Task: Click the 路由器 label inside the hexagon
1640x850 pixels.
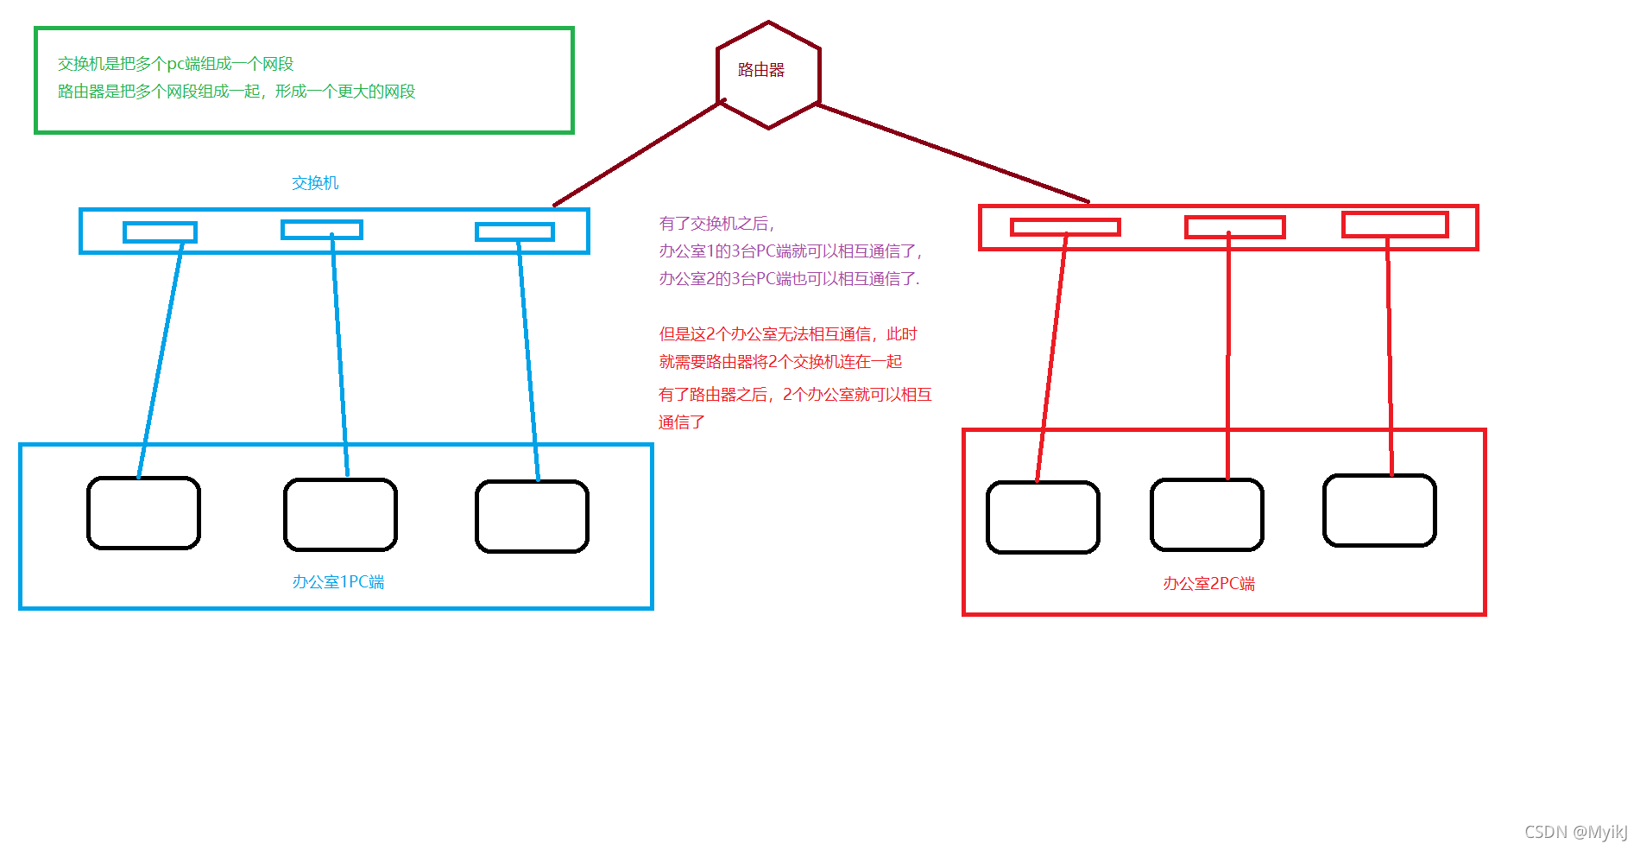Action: point(760,70)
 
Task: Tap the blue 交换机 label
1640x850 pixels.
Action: point(315,183)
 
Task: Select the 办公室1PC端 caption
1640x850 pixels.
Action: point(338,582)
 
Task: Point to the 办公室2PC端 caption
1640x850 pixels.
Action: point(1208,584)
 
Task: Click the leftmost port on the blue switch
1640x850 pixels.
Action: point(161,232)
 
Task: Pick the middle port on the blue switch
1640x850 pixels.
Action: point(322,230)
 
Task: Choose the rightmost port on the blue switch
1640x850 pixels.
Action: point(514,232)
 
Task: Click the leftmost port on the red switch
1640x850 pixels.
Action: point(1065,227)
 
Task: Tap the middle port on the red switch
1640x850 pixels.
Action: point(1234,227)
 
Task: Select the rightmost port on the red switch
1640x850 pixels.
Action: point(1395,225)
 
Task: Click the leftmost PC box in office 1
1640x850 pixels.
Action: point(144,513)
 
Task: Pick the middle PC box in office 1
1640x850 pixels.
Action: point(340,515)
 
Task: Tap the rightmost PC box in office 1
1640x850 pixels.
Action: point(532,517)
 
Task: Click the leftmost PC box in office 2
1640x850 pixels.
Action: point(1043,517)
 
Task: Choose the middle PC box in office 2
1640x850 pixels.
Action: point(1207,515)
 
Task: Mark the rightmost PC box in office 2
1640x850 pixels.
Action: point(1379,511)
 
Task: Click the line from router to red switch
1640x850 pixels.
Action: point(953,153)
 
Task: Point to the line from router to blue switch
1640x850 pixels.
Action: point(639,154)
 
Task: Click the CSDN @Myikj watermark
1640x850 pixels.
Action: point(1575,832)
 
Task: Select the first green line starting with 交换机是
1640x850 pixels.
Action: point(176,64)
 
